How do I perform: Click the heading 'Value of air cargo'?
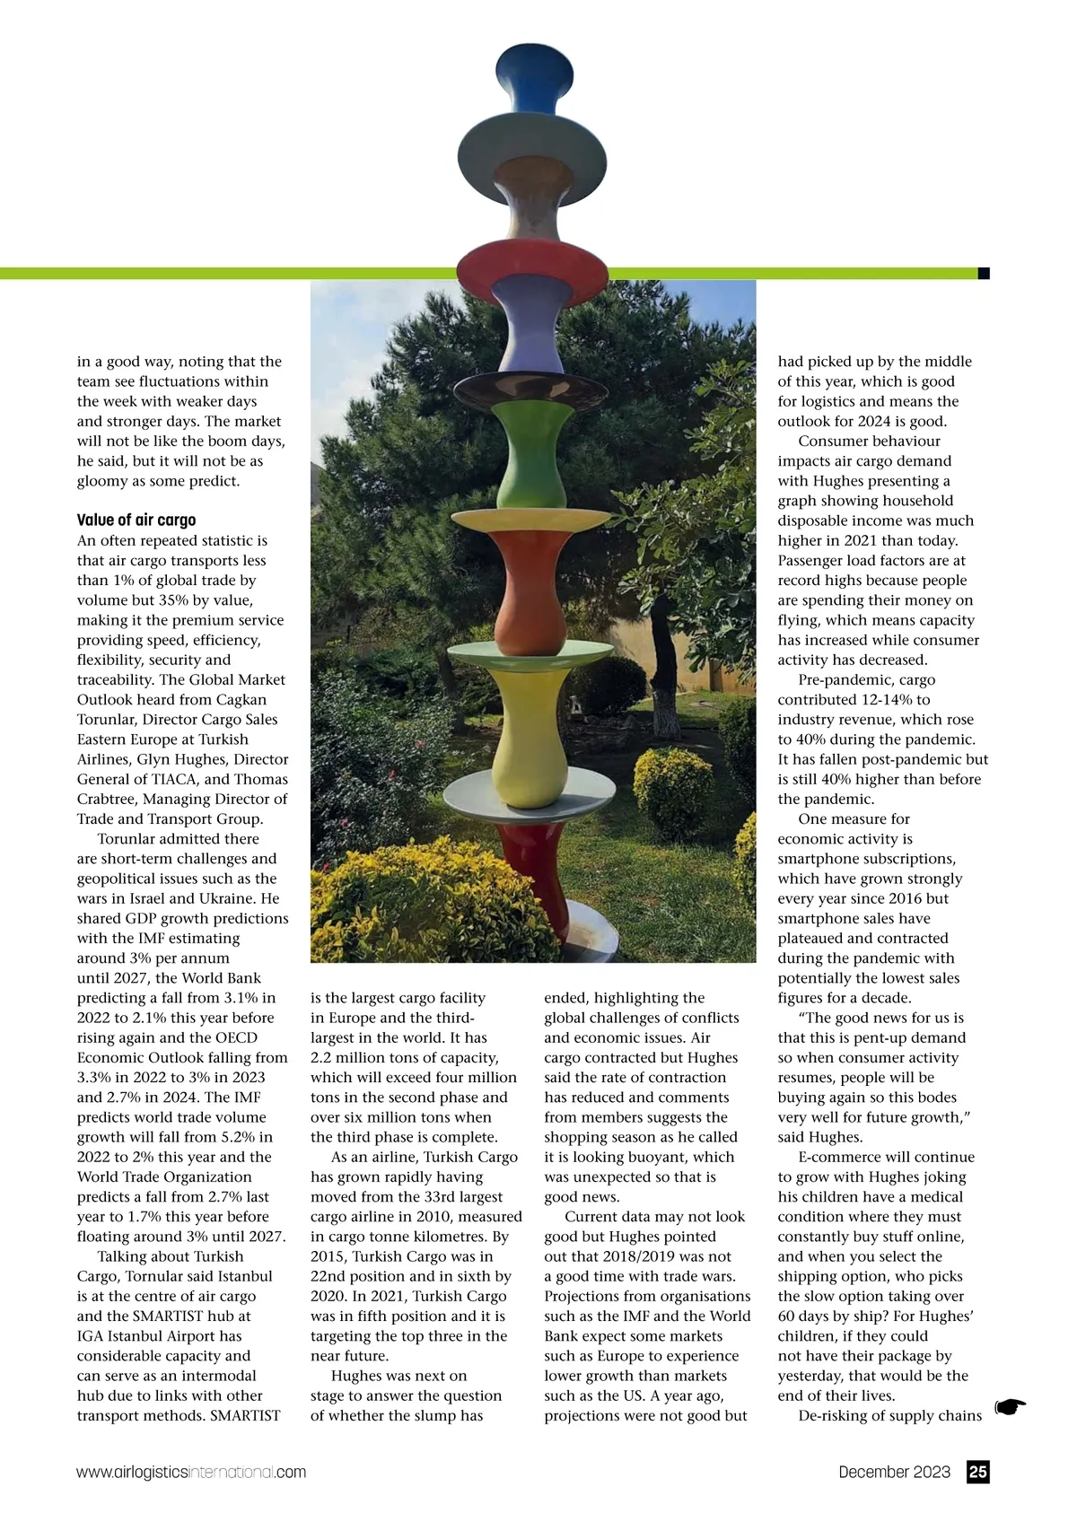[x=136, y=520]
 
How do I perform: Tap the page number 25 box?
[x=978, y=1472]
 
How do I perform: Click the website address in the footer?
[x=191, y=1473]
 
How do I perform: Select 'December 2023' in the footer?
[x=894, y=1472]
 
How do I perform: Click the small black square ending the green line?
[x=984, y=273]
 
